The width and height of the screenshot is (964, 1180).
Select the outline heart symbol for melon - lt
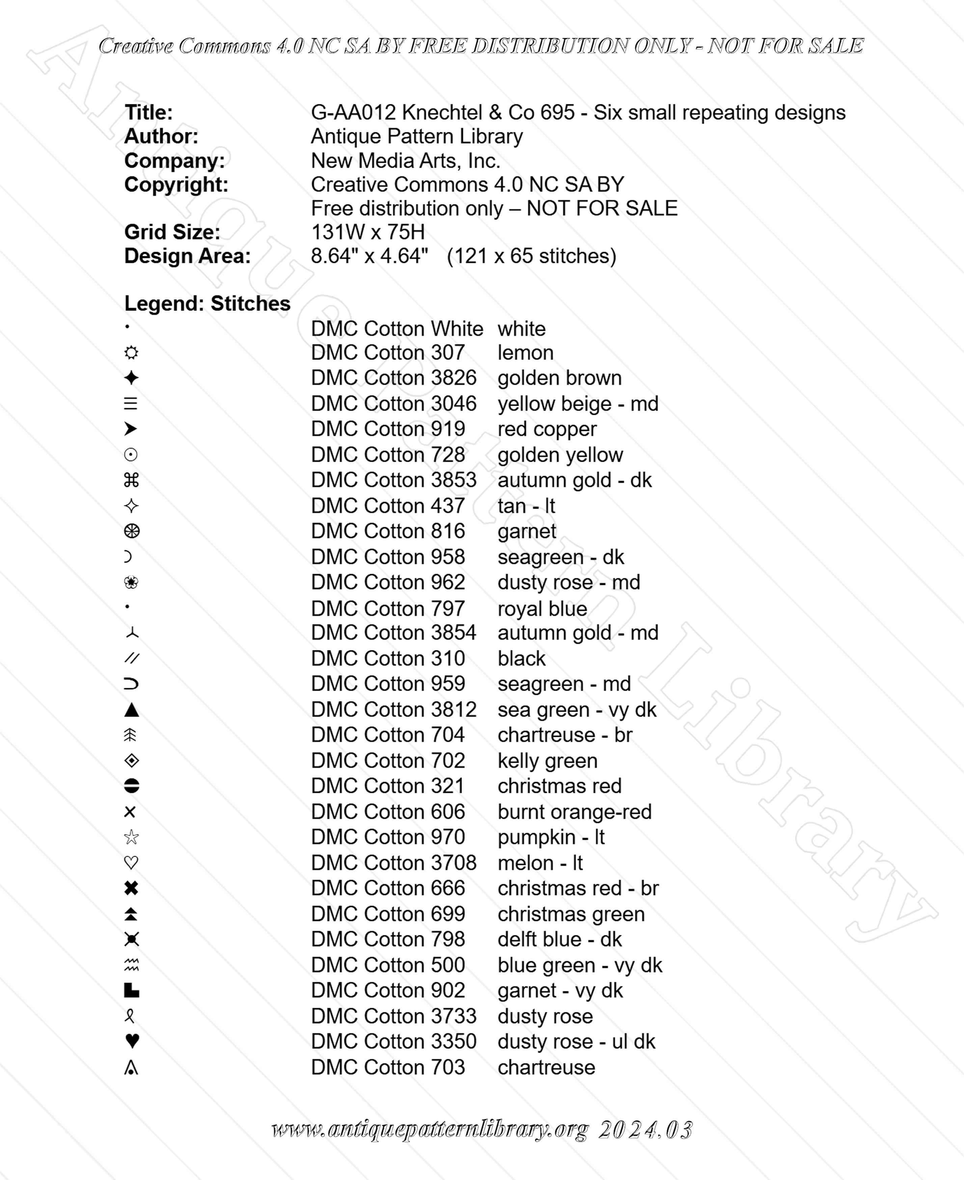[131, 863]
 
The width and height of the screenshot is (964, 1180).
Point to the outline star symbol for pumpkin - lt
[131, 837]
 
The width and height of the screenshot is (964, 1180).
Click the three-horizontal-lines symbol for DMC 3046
[131, 403]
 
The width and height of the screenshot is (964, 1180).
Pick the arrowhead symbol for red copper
[131, 429]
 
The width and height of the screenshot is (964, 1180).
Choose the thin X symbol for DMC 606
[130, 812]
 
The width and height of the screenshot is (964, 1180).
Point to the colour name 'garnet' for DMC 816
[526, 531]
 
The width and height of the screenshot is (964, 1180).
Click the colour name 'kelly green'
[547, 760]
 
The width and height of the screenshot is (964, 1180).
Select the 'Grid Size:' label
[172, 232]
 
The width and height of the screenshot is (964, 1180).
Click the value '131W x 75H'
[367, 232]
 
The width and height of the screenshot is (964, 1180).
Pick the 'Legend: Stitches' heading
[207, 303]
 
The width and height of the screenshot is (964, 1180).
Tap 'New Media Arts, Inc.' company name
[405, 161]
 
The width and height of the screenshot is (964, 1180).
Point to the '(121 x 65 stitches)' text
[531, 256]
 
